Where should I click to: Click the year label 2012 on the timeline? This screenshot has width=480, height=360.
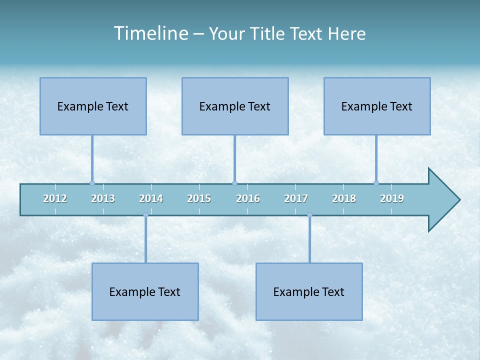click(55, 198)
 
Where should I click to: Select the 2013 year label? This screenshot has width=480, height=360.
click(103, 198)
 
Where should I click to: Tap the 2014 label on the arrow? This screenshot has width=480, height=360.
click(151, 198)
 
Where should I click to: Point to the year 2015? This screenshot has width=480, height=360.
click(199, 198)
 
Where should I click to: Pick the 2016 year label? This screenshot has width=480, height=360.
click(248, 198)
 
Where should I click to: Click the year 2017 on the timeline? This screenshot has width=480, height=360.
click(296, 198)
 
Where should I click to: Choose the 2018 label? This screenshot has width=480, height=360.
click(344, 198)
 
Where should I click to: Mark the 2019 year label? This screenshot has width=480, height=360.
click(392, 198)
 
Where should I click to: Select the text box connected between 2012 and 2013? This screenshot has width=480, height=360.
click(93, 106)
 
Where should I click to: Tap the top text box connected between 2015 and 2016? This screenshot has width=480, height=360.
click(235, 106)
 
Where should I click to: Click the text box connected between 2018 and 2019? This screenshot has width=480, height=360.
click(377, 106)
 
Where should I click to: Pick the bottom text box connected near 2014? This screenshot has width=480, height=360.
click(145, 291)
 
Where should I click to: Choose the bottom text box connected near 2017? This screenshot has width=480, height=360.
click(309, 291)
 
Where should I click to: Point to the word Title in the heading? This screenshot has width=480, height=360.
click(270, 33)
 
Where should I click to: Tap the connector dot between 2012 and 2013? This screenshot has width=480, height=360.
click(92, 183)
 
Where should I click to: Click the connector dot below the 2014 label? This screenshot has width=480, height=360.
click(145, 215)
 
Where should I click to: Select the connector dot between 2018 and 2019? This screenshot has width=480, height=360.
click(376, 183)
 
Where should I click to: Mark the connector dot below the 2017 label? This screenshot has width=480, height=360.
click(309, 215)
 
